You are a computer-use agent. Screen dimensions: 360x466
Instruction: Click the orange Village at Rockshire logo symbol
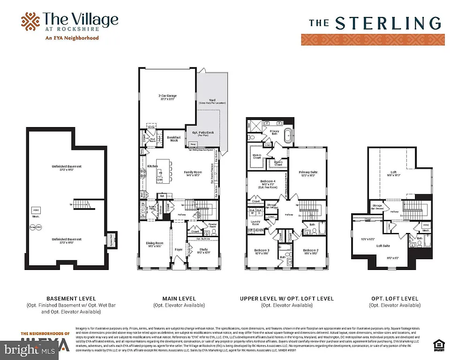(x=30, y=21)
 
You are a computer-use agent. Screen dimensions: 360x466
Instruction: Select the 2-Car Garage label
(x=167, y=97)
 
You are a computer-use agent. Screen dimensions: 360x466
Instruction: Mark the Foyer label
(x=179, y=250)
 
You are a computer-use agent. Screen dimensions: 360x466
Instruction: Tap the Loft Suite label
(x=383, y=246)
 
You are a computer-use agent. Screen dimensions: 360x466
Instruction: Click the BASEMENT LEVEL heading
(x=71, y=298)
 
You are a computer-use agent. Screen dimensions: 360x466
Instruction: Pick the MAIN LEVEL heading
(x=179, y=298)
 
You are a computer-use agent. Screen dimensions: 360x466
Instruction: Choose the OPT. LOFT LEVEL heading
(x=394, y=298)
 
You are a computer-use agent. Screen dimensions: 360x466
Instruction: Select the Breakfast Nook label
(x=174, y=139)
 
